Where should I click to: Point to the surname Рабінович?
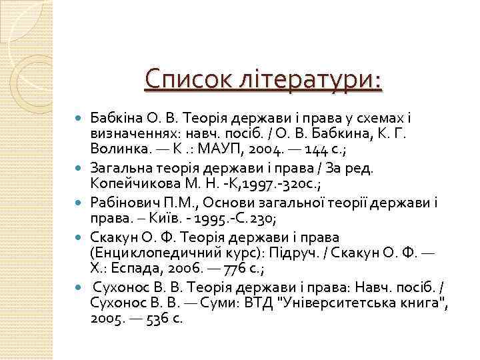pyautogui.click(x=127, y=201)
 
